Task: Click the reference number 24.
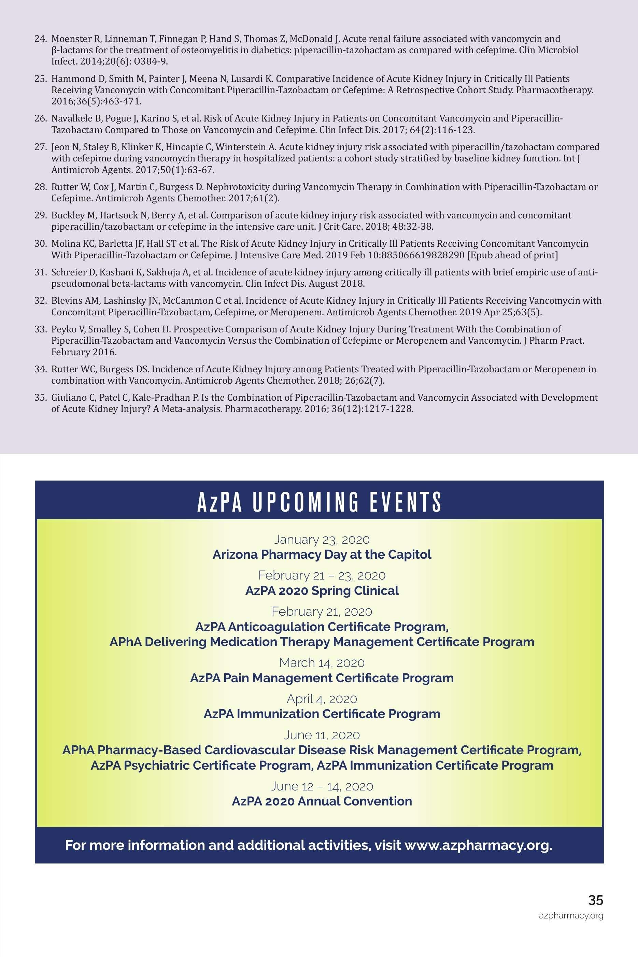coord(41,39)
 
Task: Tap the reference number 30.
coord(41,244)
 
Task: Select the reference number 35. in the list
coord(41,398)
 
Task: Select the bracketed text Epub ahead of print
coord(513,255)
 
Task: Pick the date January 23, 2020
coord(322,540)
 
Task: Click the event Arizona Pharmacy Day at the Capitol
coord(322,555)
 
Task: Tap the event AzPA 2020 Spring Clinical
coord(322,591)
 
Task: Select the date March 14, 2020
coord(322,663)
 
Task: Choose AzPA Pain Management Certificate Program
coord(322,679)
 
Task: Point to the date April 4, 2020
coord(322,699)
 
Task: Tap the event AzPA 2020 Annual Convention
coord(322,802)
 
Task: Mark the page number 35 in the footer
coord(596,900)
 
